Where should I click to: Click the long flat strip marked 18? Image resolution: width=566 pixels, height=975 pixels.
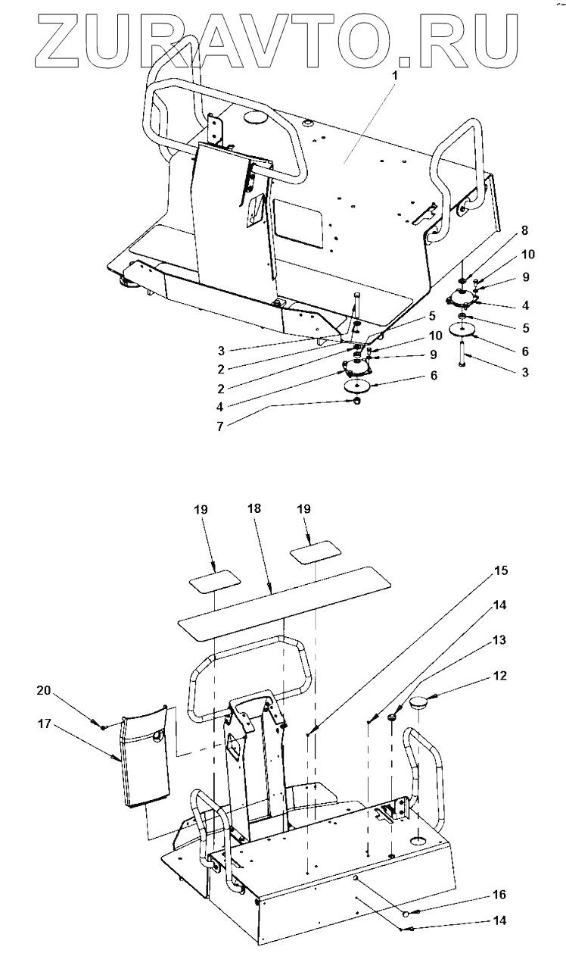[284, 598]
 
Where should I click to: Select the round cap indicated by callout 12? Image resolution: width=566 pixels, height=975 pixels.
[421, 702]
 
